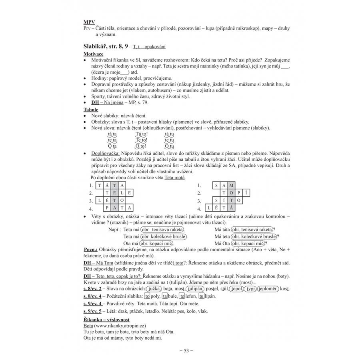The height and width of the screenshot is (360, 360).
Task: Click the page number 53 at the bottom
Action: click(186, 350)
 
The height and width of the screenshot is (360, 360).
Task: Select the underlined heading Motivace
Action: click(93, 54)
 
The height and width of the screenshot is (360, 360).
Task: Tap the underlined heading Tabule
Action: click(91, 110)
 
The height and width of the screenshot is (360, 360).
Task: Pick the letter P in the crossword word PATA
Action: click(107, 208)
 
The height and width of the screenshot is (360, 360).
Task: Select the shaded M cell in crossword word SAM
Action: click(232, 185)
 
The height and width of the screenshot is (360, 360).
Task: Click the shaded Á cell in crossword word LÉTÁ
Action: click(232, 208)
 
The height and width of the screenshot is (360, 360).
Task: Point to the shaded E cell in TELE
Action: click(115, 192)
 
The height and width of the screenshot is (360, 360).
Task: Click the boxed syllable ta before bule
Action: click(165, 296)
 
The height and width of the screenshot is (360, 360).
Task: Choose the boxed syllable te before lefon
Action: click(182, 296)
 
